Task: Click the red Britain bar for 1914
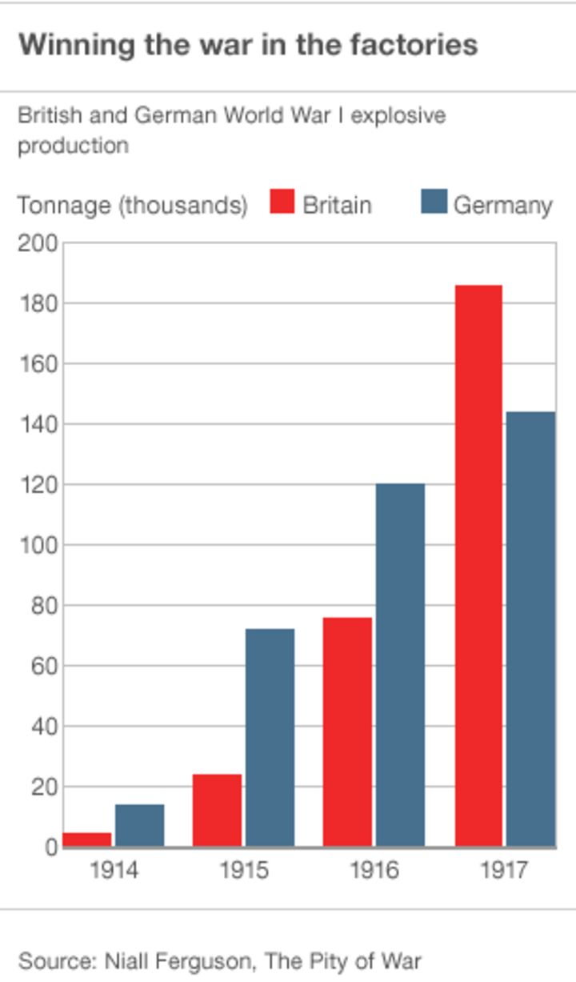tap(87, 840)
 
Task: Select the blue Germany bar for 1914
tap(140, 825)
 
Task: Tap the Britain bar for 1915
tap(217, 810)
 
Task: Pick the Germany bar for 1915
tap(270, 737)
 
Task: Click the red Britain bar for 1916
tap(348, 731)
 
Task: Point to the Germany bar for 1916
tap(400, 664)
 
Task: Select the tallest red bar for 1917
tap(478, 565)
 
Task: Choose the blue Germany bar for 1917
tap(530, 628)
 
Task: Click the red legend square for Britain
tap(282, 202)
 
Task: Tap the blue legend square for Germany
tap(433, 202)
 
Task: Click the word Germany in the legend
tap(502, 205)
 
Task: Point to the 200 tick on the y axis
tap(38, 243)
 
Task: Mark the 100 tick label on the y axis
tap(38, 545)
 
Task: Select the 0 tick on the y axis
tap(50, 847)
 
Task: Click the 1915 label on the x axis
tap(244, 870)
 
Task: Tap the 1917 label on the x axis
tap(504, 870)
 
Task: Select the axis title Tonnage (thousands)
tap(133, 205)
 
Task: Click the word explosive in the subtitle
tap(398, 116)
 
